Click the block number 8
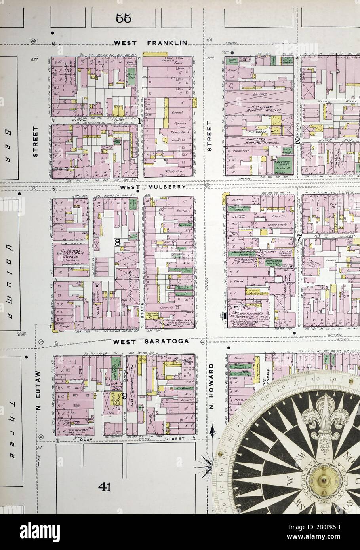click(118, 242)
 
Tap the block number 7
click(299, 237)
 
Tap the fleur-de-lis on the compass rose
click(323, 419)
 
